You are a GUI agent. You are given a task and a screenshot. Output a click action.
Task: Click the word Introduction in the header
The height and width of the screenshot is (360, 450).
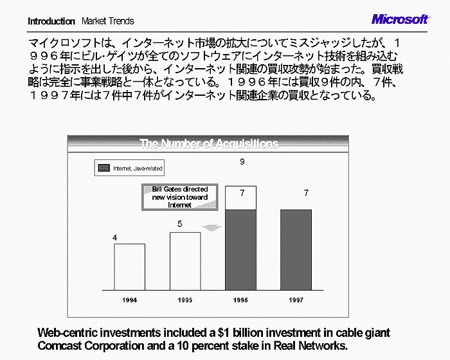51,21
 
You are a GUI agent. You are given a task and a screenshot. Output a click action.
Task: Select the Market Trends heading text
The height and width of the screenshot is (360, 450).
108,21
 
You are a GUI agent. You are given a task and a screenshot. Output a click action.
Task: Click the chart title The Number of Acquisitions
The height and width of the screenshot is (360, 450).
209,143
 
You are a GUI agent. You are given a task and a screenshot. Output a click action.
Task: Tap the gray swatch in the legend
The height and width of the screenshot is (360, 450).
104,168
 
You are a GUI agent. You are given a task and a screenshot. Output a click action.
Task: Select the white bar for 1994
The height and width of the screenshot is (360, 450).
129,267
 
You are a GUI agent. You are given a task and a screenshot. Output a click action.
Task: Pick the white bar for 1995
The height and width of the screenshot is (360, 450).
185,261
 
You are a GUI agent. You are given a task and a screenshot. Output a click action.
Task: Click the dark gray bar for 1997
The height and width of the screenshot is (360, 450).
296,250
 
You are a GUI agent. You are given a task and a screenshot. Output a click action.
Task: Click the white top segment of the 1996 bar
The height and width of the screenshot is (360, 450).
240,198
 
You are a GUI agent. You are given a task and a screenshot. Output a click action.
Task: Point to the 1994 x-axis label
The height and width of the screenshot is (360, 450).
129,300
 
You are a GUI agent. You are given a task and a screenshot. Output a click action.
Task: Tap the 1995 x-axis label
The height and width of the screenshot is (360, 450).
185,300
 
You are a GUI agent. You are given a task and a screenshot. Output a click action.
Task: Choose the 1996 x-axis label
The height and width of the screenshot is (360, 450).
240,300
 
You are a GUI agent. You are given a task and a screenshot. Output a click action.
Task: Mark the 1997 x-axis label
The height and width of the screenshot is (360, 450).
296,300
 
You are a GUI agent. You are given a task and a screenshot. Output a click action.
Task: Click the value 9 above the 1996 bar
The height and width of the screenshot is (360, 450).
242,161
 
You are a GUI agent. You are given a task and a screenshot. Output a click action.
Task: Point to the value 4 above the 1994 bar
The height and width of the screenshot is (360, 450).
115,238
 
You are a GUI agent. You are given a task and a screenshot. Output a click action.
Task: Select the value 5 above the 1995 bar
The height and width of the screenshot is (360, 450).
179,224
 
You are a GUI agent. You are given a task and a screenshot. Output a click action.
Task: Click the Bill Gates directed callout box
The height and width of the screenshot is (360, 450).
180,197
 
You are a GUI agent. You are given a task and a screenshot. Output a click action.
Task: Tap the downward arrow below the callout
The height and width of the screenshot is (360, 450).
212,228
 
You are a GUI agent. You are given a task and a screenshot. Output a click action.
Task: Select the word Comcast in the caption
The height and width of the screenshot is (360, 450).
60,346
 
